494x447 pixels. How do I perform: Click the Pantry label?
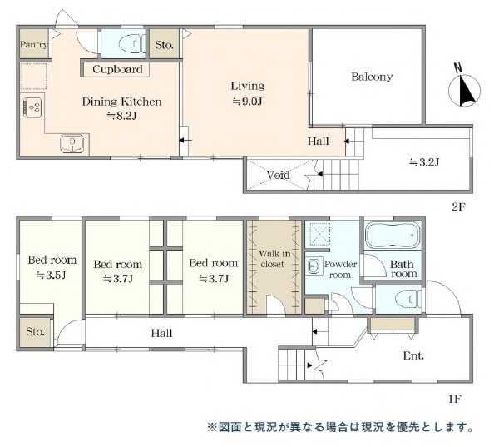click(34, 44)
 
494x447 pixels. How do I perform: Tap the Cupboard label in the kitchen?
click(117, 69)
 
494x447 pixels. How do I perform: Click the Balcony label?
click(372, 77)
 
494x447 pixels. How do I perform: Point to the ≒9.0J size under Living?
click(247, 102)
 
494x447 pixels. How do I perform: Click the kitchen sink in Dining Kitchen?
click(72, 143)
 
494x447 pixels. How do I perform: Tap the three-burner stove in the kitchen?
click(32, 107)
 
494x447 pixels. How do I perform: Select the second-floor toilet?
click(132, 44)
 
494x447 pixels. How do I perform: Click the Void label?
click(279, 174)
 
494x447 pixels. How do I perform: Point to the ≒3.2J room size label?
click(424, 162)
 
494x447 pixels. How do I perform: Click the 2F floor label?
click(458, 206)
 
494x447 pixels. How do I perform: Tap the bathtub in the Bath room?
click(393, 234)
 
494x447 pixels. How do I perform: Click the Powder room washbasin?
click(314, 266)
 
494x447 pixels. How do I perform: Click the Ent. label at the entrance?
click(413, 356)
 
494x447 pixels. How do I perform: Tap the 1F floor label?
click(455, 399)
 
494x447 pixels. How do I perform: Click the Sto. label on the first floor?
click(35, 331)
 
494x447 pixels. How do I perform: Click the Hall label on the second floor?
click(319, 141)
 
